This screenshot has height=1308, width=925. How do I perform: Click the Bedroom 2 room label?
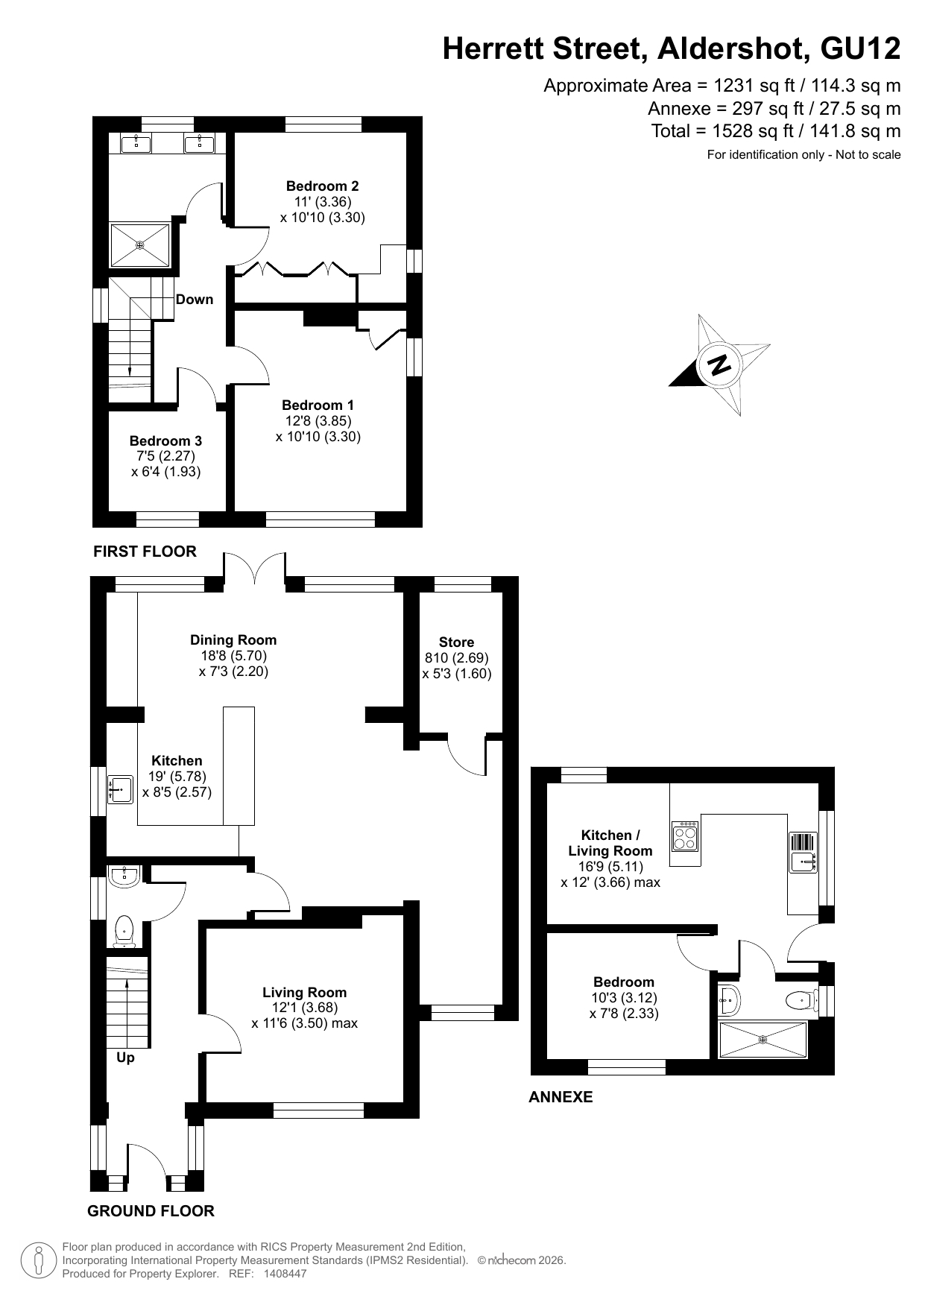point(323,186)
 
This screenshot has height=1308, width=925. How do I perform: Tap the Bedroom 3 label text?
point(165,441)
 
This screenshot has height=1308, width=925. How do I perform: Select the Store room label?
point(456,642)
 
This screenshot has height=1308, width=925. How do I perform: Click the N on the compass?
point(719,365)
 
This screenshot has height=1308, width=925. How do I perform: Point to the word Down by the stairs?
point(195,300)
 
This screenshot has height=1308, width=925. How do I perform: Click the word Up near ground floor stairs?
point(125,1058)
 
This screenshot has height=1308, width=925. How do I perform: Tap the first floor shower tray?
point(140,244)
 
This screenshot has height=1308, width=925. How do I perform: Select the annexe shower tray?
point(762,1039)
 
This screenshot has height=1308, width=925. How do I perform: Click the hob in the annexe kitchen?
point(686,836)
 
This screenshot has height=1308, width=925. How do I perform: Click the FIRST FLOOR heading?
point(145,552)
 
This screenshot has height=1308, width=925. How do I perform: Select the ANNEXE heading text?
point(561,1097)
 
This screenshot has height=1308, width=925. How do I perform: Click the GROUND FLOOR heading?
point(151,1211)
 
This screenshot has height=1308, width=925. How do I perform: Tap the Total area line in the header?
point(776,131)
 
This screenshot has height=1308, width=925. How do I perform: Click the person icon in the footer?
point(37,1260)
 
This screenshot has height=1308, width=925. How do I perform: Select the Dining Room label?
point(233,640)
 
